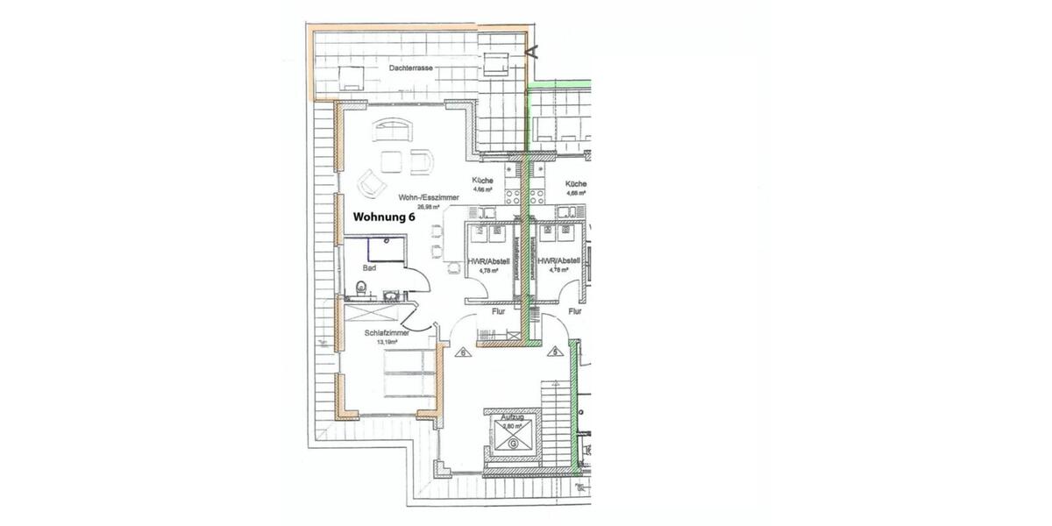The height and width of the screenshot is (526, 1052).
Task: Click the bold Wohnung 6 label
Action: tap(383, 219)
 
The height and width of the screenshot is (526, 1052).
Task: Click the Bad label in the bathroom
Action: tap(369, 268)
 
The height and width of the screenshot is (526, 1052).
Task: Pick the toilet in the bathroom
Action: tap(361, 285)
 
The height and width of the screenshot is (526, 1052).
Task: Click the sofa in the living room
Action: tap(392, 131)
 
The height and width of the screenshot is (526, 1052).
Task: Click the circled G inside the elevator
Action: tap(510, 444)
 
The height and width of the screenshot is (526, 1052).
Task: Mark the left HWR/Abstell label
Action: tap(488, 260)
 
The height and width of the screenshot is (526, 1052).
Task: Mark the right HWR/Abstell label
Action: tap(559, 260)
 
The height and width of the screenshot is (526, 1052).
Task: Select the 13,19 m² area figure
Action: tap(387, 343)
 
